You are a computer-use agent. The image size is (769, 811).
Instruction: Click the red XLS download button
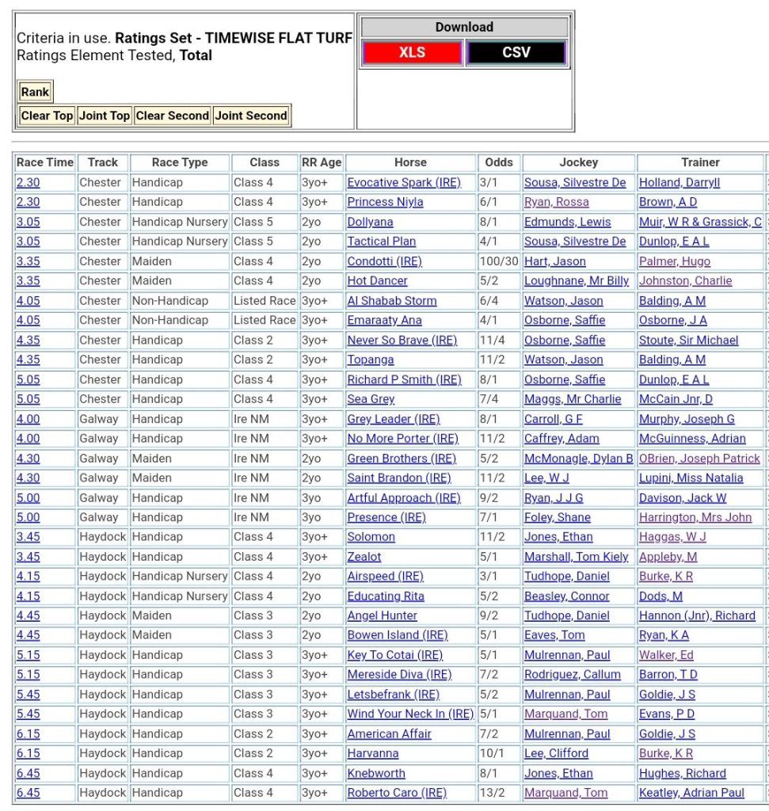(412, 53)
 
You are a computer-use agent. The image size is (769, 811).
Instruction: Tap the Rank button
(35, 92)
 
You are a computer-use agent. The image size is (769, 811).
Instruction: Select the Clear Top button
(47, 116)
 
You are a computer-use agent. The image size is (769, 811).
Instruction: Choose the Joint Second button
(251, 116)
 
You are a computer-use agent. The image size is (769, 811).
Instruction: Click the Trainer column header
(700, 162)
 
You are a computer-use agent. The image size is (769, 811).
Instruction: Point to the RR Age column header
(322, 162)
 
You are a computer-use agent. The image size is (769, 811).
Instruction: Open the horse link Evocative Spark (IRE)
(403, 182)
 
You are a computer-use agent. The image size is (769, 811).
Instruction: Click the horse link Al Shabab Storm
(392, 301)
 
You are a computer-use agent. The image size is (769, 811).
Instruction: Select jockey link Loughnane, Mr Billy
(577, 281)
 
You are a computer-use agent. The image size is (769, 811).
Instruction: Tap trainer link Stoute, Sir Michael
(688, 341)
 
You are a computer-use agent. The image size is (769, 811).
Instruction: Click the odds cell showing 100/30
(499, 261)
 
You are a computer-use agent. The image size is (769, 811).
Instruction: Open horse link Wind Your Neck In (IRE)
(410, 714)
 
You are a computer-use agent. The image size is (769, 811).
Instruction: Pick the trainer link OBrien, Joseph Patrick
(699, 459)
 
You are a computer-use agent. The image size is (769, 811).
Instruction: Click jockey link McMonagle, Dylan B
(578, 459)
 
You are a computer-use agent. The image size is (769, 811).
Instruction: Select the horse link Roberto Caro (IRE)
(397, 793)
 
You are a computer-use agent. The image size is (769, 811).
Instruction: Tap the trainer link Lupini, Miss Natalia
(691, 478)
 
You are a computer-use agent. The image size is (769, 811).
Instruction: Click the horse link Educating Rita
(386, 596)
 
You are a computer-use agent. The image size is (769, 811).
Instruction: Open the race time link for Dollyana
(28, 222)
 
